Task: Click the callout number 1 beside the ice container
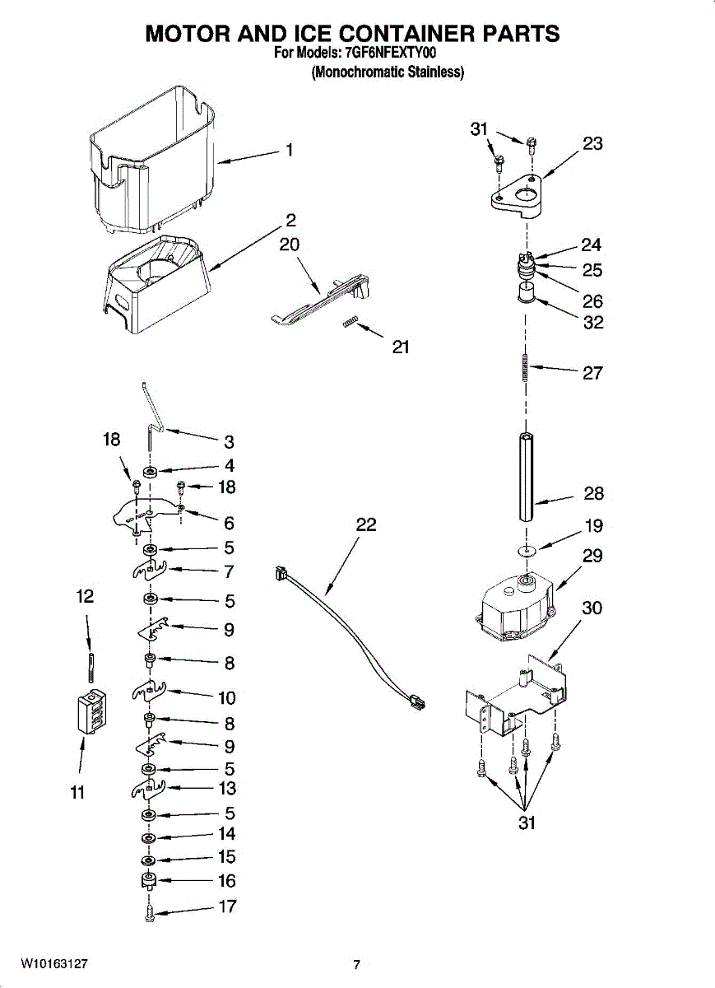click(x=289, y=150)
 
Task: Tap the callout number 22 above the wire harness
click(x=366, y=524)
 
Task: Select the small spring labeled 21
click(x=349, y=324)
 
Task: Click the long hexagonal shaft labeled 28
click(x=526, y=477)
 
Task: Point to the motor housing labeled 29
click(x=516, y=608)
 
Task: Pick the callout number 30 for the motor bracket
click(x=592, y=608)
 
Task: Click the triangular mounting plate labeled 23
click(x=516, y=196)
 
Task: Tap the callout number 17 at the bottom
click(x=228, y=906)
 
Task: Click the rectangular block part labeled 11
click(x=92, y=711)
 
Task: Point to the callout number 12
click(x=85, y=596)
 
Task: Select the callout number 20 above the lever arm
click(x=289, y=245)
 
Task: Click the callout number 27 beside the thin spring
click(x=592, y=373)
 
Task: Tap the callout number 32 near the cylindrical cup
click(x=593, y=323)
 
